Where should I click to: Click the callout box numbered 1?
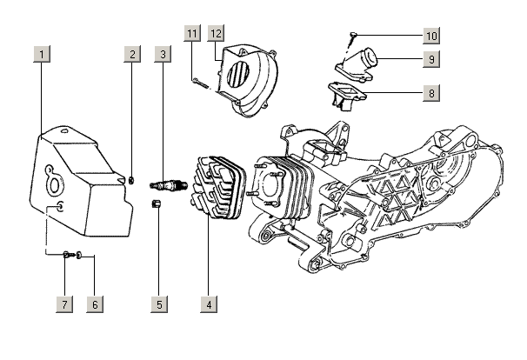click(x=42, y=54)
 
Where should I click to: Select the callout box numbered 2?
click(x=132, y=54)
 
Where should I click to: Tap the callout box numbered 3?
click(x=162, y=54)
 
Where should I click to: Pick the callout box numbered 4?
click(x=208, y=304)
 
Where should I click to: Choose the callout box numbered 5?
click(x=160, y=304)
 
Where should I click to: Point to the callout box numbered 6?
click(x=95, y=304)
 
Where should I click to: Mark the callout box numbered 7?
click(x=64, y=304)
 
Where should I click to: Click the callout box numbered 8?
click(x=431, y=91)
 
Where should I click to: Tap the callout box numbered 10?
click(x=431, y=36)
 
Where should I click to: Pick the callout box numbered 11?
click(x=191, y=33)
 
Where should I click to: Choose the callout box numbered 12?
click(x=216, y=33)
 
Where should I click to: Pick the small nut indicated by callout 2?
click(x=131, y=180)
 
